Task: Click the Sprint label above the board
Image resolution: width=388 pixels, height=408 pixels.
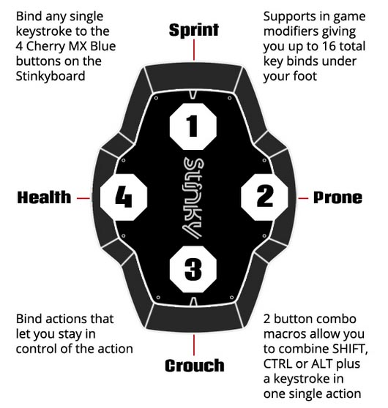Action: point(193,30)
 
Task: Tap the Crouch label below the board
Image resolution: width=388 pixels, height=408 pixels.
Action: point(195,366)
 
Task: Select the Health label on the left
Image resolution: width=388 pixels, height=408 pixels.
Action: point(44,197)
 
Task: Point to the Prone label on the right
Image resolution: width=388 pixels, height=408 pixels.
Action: point(337,197)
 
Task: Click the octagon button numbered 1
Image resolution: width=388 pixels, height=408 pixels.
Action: point(193,126)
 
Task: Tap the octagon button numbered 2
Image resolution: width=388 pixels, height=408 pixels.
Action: point(265,197)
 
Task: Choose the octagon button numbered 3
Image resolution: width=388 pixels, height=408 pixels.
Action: point(193,269)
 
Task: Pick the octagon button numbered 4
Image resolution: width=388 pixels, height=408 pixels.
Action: point(124,197)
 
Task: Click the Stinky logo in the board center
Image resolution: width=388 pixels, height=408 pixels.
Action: point(193,198)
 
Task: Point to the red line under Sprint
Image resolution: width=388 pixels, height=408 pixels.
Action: point(194,50)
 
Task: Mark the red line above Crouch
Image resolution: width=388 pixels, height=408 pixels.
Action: point(194,345)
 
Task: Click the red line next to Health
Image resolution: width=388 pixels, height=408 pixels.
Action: point(83,198)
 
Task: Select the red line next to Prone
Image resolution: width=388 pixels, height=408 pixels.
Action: point(303,198)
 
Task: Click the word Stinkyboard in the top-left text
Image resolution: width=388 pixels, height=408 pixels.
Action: point(51,76)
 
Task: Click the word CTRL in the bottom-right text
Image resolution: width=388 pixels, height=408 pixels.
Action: point(277,364)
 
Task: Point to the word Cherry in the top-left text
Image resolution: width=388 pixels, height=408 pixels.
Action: point(45,47)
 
